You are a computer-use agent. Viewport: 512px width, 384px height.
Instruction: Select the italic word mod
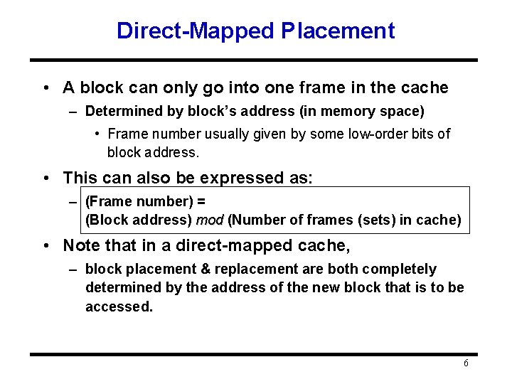[x=210, y=220]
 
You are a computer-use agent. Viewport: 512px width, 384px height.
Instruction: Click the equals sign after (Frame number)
[x=201, y=202]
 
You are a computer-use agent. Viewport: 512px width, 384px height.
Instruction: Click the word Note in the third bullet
[x=80, y=246]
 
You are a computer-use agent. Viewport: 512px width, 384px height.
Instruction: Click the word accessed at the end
[x=119, y=307]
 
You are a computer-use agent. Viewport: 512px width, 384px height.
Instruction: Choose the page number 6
[x=466, y=363]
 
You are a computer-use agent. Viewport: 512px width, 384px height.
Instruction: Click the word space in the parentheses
[x=402, y=111]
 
